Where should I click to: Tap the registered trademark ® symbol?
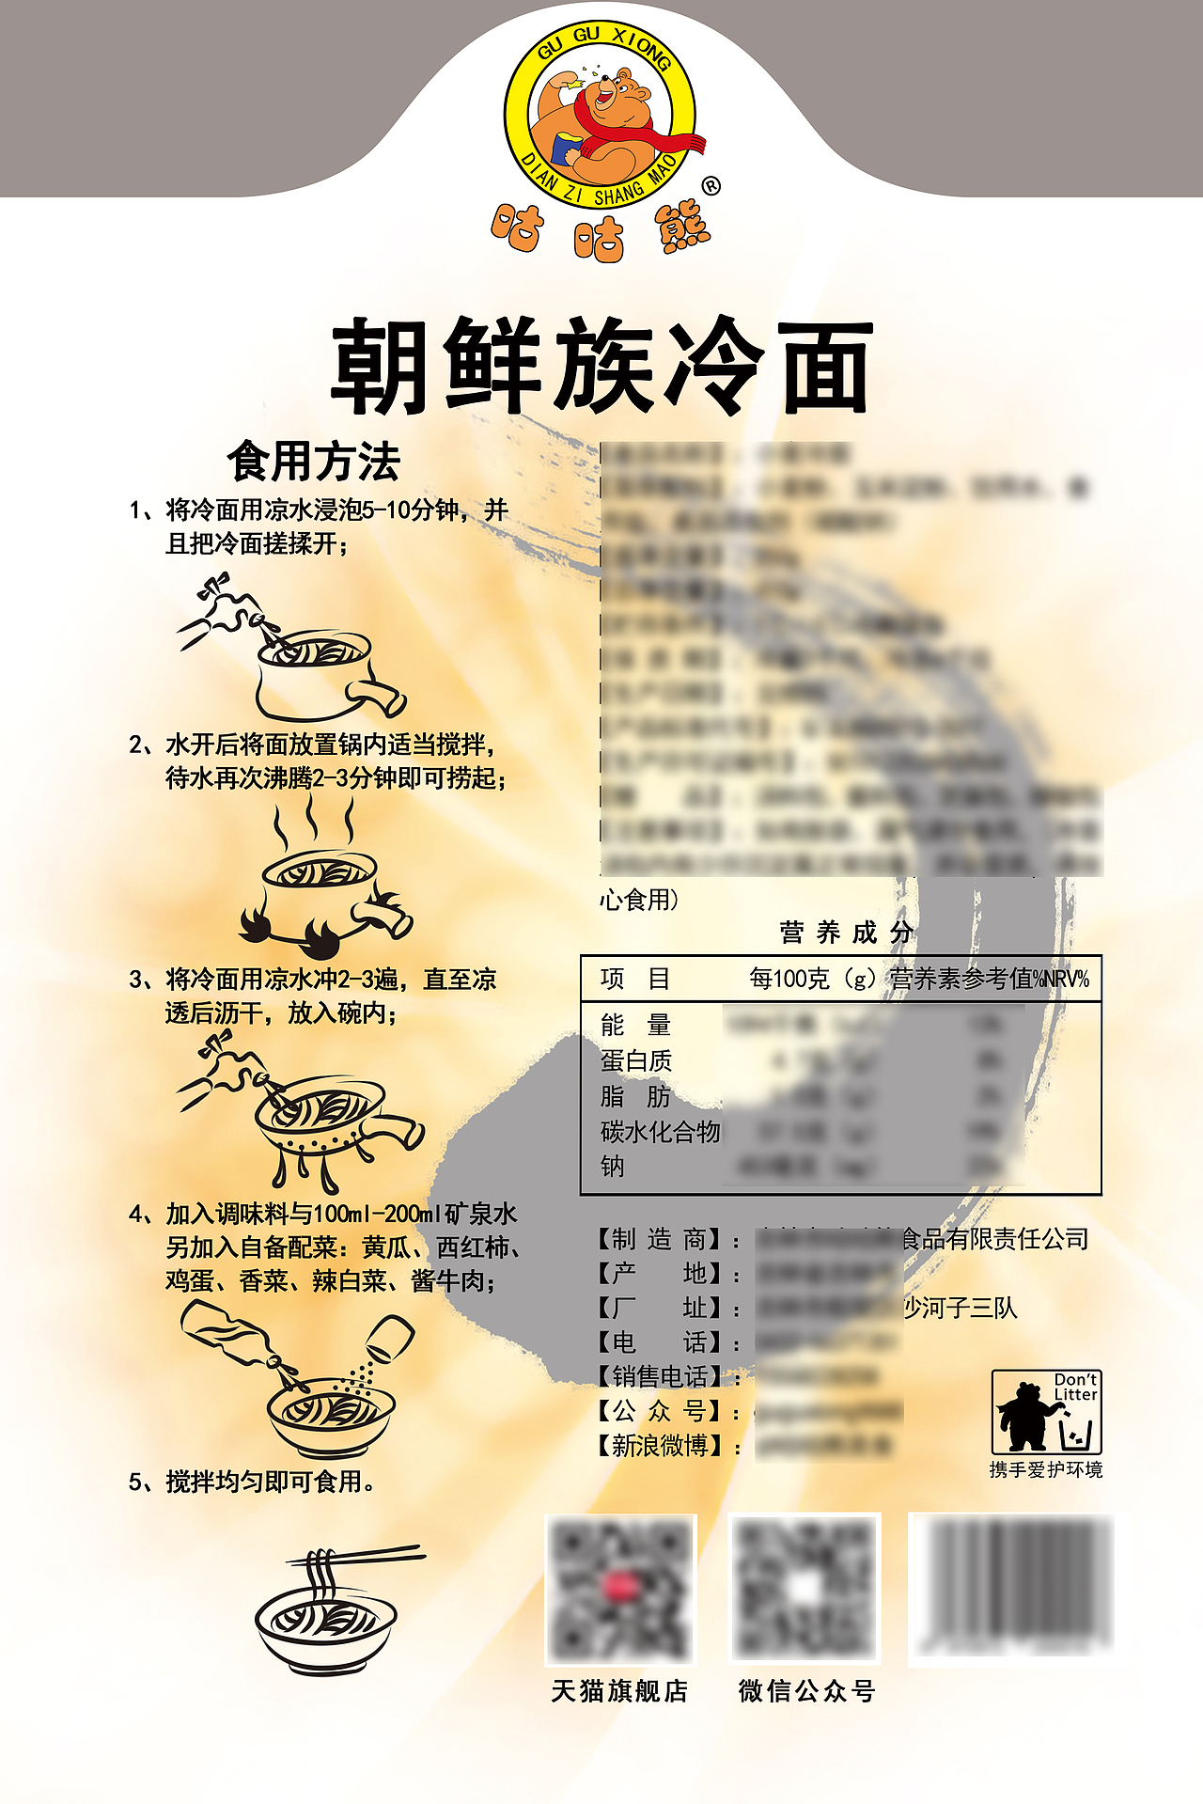(x=711, y=186)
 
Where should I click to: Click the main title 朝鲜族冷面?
(x=601, y=367)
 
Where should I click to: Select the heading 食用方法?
(x=314, y=462)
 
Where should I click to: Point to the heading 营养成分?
(x=846, y=933)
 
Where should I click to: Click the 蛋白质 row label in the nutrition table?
(x=636, y=1060)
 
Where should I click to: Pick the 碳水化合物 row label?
(x=660, y=1132)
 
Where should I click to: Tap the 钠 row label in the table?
(x=612, y=1167)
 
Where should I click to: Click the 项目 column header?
(x=635, y=980)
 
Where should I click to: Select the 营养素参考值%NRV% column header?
(x=989, y=980)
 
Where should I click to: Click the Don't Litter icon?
(x=1046, y=1412)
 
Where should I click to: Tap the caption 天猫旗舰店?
(x=619, y=1691)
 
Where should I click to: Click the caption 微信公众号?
(x=806, y=1691)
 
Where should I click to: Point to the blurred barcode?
(x=1013, y=1587)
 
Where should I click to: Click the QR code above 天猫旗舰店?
(x=620, y=1589)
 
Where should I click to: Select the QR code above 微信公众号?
(x=805, y=1589)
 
